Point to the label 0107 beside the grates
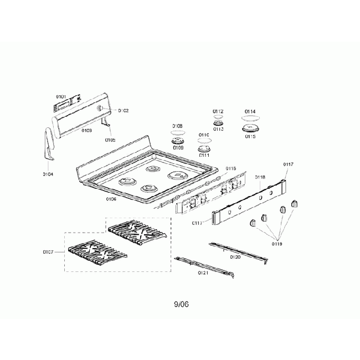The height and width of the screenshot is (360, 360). tap(48, 252)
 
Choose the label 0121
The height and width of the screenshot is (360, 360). tap(203, 273)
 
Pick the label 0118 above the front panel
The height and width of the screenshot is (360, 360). tap(260, 177)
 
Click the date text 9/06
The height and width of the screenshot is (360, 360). tap(181, 304)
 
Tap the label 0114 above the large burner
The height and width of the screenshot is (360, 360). tap(250, 111)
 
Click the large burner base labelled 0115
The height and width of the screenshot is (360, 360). tap(249, 129)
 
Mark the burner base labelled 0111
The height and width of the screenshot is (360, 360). tap(204, 148)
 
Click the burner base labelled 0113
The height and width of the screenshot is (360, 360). tap(218, 122)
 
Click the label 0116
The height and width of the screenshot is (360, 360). tap(230, 168)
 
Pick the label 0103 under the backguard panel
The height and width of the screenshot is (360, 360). tap(86, 130)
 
